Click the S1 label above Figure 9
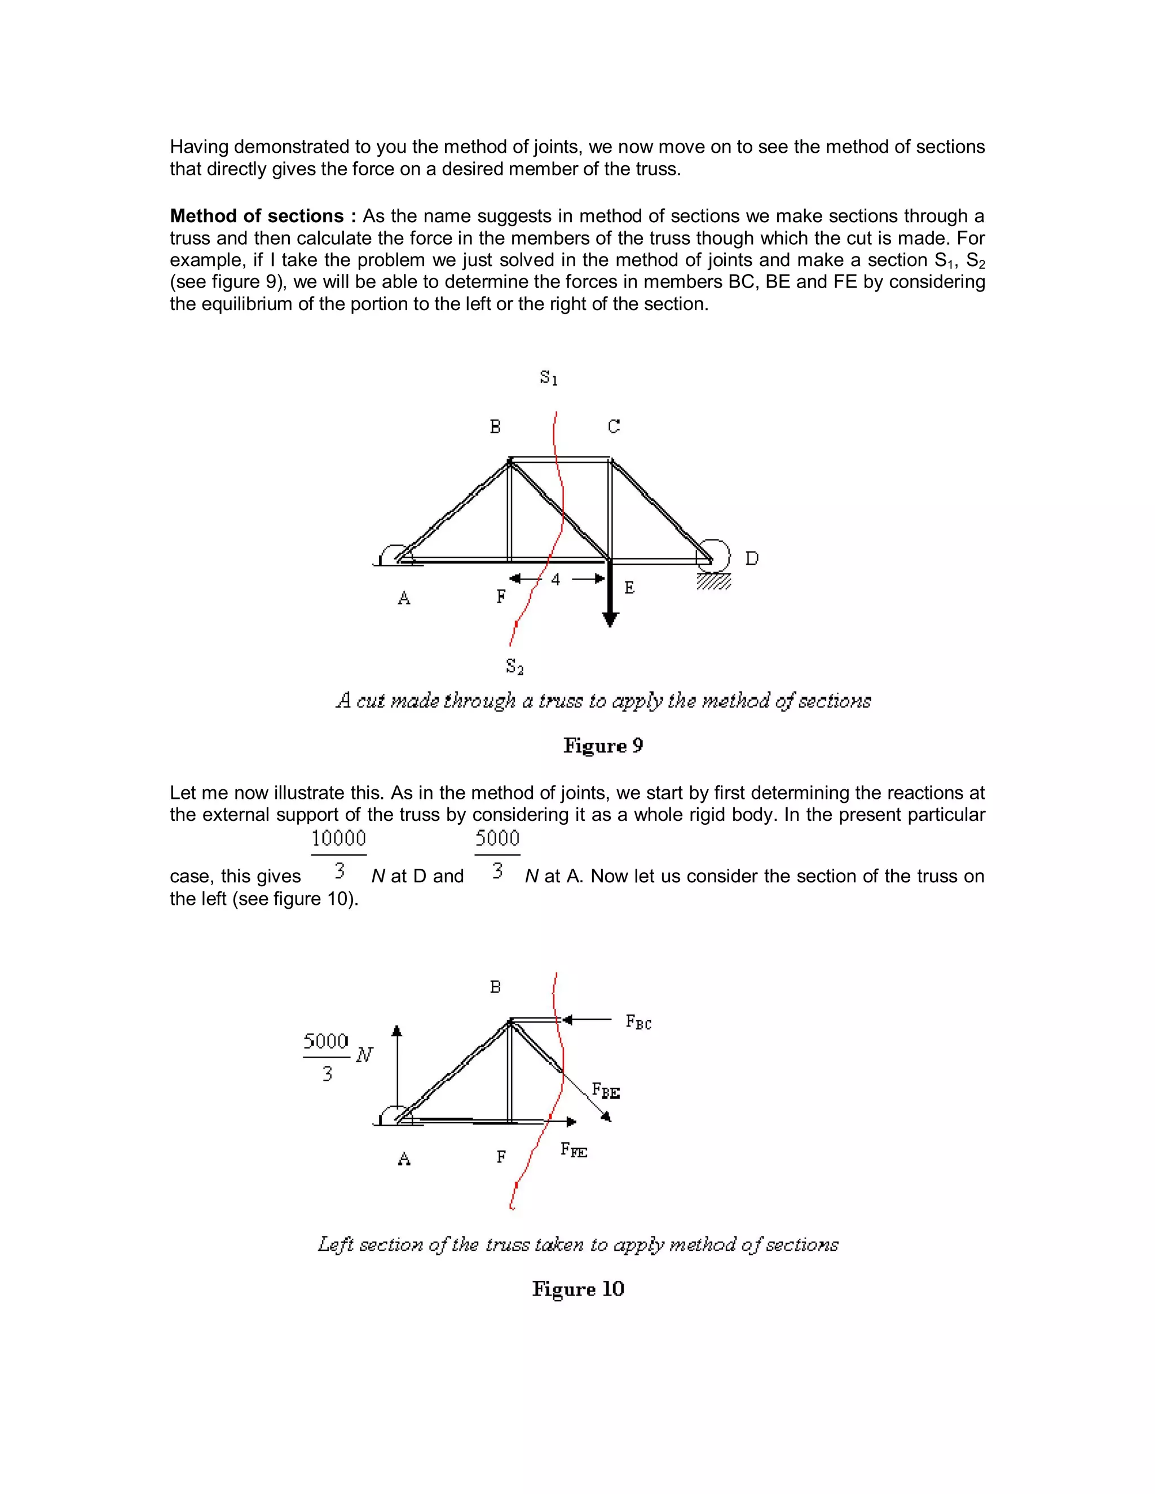(549, 378)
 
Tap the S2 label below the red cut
(514, 666)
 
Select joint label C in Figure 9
(614, 427)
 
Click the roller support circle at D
(713, 555)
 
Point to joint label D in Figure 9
(751, 559)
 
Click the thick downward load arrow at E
(610, 595)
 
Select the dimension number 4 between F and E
(556, 580)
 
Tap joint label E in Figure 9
(629, 587)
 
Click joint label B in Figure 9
(495, 427)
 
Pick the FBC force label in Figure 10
(638, 1023)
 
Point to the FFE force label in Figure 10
(574, 1150)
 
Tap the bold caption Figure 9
(603, 746)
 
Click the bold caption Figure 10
(578, 1289)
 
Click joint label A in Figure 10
(404, 1159)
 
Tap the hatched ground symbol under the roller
(713, 581)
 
